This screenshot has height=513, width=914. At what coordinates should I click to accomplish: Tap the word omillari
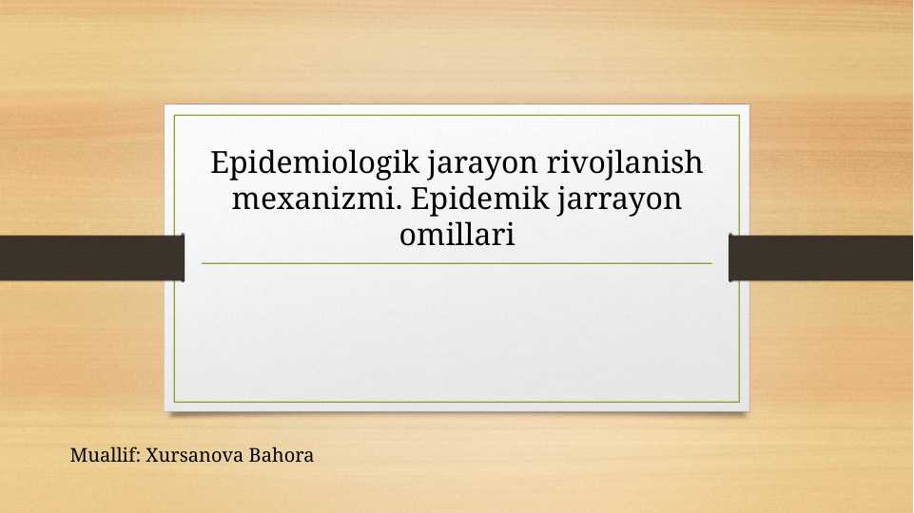[x=457, y=234]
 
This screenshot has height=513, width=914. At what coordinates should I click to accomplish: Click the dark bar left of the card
[x=91, y=257]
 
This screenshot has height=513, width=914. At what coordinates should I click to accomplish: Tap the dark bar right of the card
[x=821, y=257]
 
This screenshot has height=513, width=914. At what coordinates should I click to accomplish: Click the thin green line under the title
[x=457, y=263]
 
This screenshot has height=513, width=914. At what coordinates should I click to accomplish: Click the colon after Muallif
[x=140, y=457]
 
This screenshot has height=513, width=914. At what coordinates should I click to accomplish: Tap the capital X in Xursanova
[x=152, y=455]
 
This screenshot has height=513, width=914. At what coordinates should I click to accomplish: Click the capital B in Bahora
[x=255, y=455]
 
